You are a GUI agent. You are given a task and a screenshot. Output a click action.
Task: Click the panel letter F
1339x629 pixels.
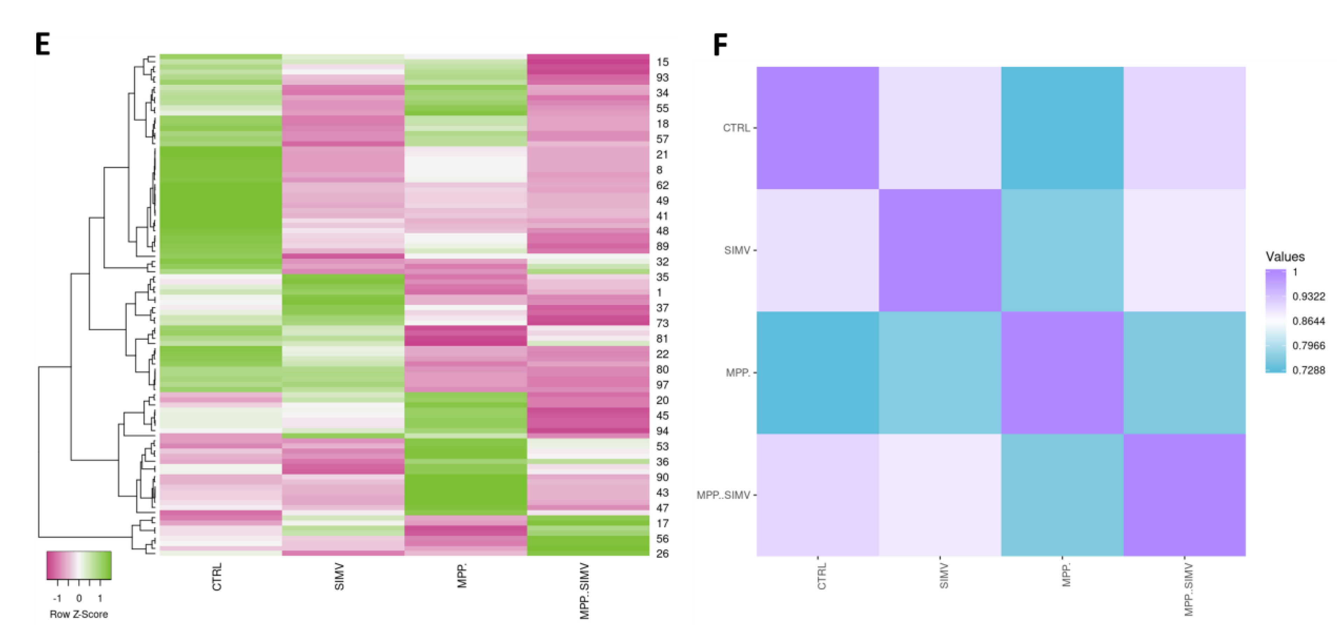click(x=720, y=45)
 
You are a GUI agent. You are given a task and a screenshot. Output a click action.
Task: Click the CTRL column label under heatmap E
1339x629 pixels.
click(x=217, y=576)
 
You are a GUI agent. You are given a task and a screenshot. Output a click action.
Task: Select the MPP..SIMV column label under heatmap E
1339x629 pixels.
click(x=584, y=590)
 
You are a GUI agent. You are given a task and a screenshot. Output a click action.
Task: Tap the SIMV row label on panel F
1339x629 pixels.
click(x=737, y=251)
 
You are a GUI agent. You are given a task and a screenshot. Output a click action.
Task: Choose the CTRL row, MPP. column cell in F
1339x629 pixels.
click(x=1062, y=128)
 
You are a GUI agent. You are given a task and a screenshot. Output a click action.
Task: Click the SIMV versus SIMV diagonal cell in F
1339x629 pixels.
click(x=940, y=250)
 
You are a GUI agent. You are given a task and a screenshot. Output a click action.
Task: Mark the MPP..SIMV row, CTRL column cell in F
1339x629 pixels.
click(x=817, y=495)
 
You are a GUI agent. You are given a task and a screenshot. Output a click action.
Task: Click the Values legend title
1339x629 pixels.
click(x=1285, y=257)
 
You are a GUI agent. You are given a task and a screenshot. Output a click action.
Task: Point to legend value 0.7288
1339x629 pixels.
click(x=1308, y=371)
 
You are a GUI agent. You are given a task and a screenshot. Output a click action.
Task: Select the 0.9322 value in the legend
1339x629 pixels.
click(x=1308, y=297)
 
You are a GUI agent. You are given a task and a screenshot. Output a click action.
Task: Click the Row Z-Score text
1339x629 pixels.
click(x=78, y=614)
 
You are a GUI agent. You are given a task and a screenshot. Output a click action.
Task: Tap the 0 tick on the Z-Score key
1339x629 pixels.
click(x=79, y=598)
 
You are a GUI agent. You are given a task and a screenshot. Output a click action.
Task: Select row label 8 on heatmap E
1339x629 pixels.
click(x=659, y=170)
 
